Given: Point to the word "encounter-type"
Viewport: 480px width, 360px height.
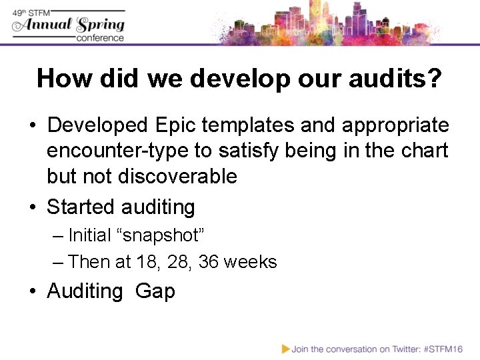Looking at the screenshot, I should (x=117, y=151).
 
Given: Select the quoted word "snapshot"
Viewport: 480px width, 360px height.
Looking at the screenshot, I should (x=160, y=235).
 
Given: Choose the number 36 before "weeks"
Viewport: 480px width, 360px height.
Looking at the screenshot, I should (x=208, y=262).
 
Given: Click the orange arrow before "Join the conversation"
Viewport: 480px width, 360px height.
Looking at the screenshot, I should (x=285, y=349).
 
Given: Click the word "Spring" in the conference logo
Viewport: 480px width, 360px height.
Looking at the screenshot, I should (x=100, y=25).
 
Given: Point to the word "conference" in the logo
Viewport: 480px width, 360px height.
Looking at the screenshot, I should (x=100, y=38).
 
